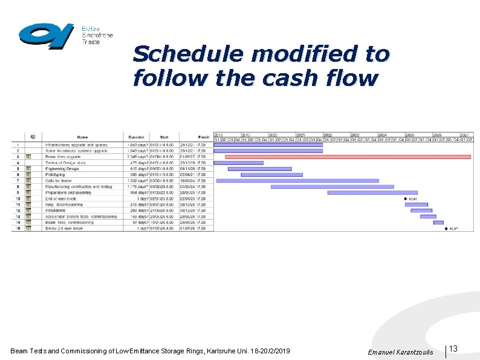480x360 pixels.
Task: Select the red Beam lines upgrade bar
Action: click(348, 157)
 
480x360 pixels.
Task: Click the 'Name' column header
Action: click(82, 137)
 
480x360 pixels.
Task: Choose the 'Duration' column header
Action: click(137, 137)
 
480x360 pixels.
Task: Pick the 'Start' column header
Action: click(164, 137)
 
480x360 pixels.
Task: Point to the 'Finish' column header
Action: click(203, 137)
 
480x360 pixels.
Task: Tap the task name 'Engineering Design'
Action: click(62, 169)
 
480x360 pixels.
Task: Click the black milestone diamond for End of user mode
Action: click(405, 198)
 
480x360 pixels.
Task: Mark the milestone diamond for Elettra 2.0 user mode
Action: click(446, 229)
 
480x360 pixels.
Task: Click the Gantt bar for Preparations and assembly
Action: click(364, 192)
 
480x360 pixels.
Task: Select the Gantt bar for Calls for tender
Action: click(297, 180)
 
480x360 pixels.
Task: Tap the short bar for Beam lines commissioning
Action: click(438, 223)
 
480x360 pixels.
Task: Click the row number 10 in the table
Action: click(18, 198)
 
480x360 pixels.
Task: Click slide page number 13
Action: click(453, 349)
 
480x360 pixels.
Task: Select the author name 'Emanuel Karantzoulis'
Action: click(400, 352)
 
